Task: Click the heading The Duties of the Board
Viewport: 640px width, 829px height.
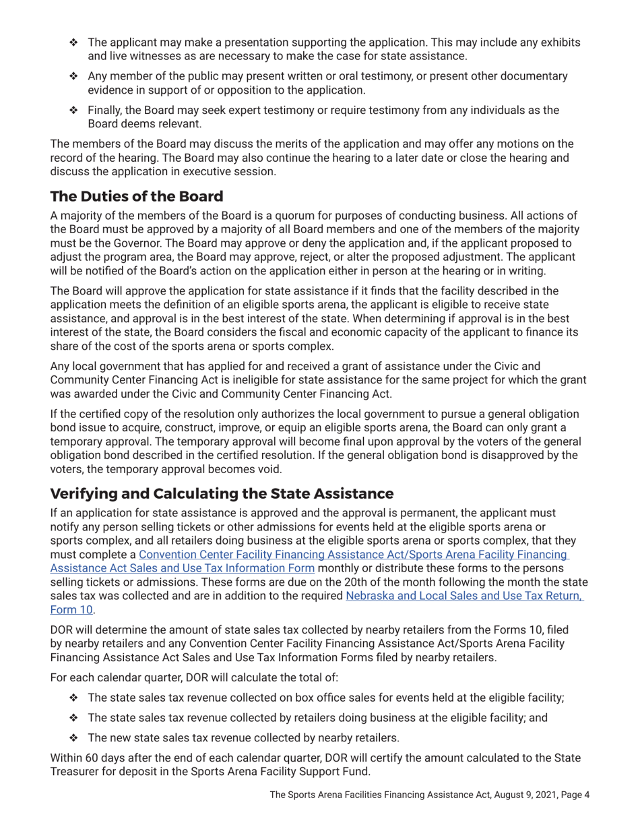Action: (137, 197)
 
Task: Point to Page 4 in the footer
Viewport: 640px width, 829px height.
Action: (571, 795)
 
